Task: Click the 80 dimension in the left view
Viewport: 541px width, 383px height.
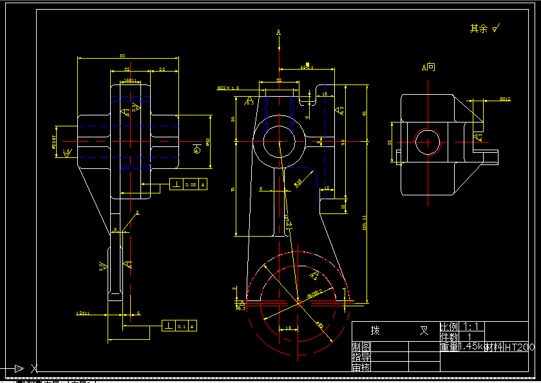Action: pyautogui.click(x=122, y=56)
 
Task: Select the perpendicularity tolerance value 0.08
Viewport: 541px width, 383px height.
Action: pyautogui.click(x=191, y=184)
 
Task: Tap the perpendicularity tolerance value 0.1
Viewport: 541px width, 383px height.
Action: pyautogui.click(x=181, y=327)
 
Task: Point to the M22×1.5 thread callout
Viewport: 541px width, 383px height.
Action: pyautogui.click(x=228, y=87)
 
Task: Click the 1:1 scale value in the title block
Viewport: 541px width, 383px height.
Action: pyautogui.click(x=471, y=327)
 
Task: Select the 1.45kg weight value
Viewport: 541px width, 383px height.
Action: pyautogui.click(x=471, y=346)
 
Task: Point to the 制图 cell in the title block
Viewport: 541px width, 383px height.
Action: pyautogui.click(x=361, y=346)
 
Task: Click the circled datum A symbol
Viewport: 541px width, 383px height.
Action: pyautogui.click(x=197, y=150)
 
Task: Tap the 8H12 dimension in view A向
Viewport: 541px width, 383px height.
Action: pyautogui.click(x=505, y=99)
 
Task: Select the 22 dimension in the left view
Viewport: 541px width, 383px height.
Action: pyautogui.click(x=162, y=69)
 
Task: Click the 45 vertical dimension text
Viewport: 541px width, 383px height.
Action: pyautogui.click(x=364, y=113)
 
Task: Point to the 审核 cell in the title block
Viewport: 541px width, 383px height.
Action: pyautogui.click(x=361, y=367)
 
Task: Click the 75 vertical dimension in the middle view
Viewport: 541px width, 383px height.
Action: pyautogui.click(x=233, y=189)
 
